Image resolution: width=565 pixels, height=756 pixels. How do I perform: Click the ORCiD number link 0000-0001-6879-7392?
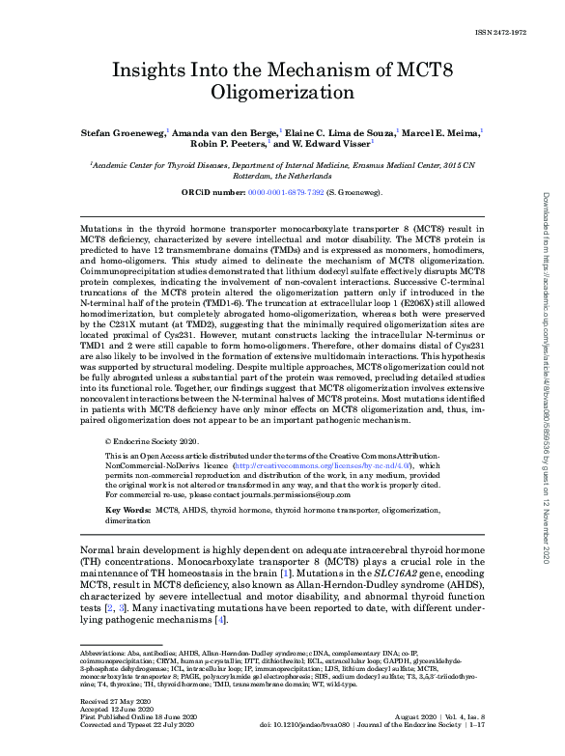tap(284, 193)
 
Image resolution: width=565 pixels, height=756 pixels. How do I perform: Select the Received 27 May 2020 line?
tap(112, 709)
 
